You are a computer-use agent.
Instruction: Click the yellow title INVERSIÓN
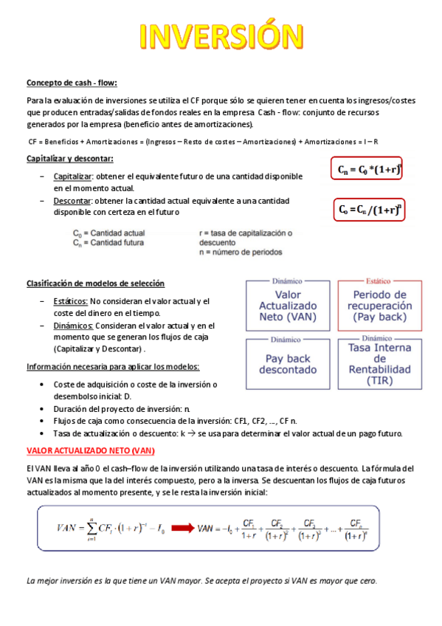click(221, 37)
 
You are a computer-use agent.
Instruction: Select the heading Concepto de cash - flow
click(72, 83)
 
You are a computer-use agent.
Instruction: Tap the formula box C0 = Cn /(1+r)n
click(369, 210)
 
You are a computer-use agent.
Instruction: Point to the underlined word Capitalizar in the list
click(73, 177)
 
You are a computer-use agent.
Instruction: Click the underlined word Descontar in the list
click(72, 201)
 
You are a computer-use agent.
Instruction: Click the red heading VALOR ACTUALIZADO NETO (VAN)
click(90, 450)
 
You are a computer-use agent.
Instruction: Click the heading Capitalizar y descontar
click(69, 159)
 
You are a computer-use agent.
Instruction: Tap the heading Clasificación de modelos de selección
click(95, 283)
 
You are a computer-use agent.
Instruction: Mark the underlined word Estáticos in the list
click(71, 301)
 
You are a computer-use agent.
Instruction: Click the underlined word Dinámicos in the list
click(72, 325)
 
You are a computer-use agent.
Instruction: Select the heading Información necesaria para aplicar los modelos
click(112, 367)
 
